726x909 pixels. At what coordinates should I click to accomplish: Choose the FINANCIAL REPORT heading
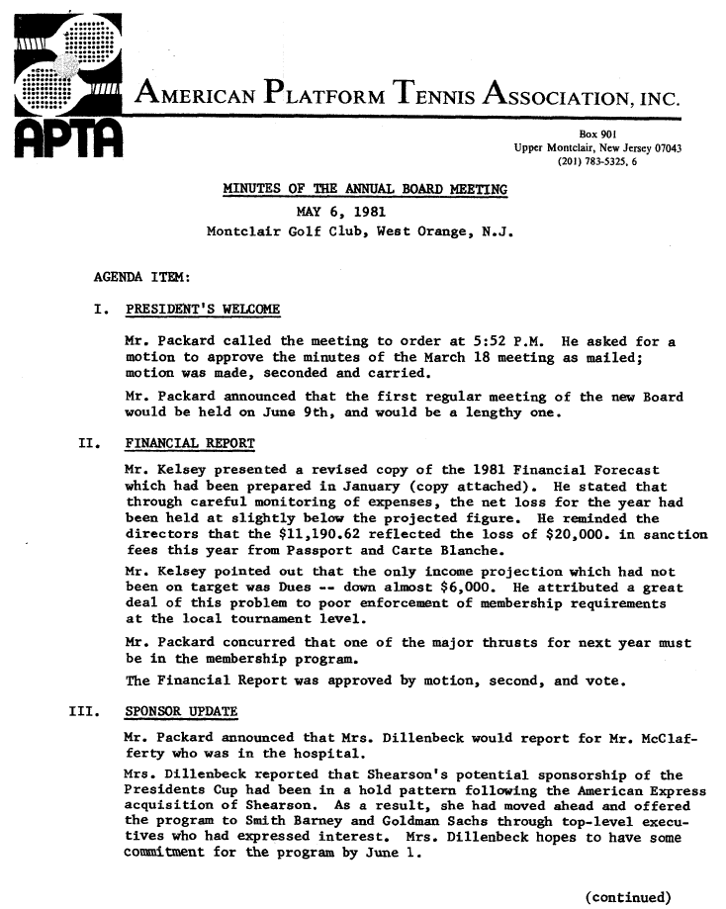click(191, 441)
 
